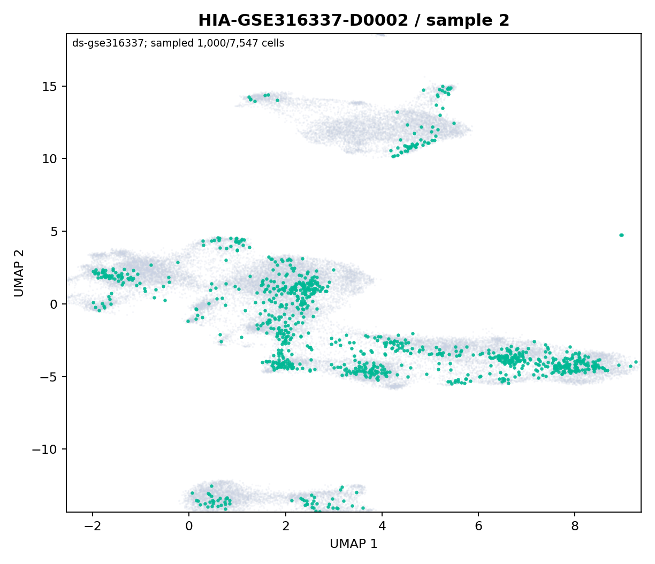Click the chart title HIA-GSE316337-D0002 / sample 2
354,20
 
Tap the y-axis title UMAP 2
19,273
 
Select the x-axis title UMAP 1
354,544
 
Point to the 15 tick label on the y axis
50,86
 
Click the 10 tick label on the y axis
50,159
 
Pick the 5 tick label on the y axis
54,231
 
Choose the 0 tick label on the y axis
54,304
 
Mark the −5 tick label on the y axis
49,377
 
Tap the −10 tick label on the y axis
45,449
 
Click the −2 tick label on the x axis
93,527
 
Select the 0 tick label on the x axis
189,527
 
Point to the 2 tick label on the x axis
286,527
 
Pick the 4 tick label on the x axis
382,527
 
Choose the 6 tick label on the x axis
478,527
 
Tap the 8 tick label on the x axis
575,527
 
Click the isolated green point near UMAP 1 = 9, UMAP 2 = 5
621,235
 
